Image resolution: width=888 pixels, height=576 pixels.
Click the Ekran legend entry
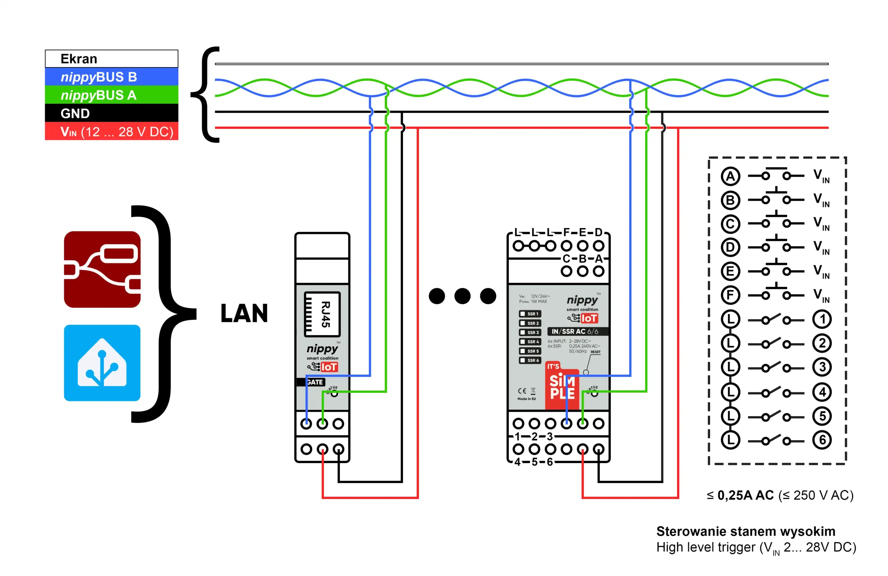click(111, 59)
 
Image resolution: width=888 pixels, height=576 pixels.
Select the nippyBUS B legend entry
click(111, 77)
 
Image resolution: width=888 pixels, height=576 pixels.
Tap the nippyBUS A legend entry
click(111, 95)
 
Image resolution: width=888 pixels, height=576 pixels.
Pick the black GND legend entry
click(111, 113)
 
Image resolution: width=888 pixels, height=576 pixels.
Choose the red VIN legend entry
click(111, 132)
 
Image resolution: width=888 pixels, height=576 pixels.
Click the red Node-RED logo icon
click(102, 269)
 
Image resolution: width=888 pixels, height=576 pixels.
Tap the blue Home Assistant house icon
click(102, 363)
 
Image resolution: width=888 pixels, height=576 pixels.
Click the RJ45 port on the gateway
click(322, 314)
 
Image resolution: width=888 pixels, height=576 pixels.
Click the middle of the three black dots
click(462, 296)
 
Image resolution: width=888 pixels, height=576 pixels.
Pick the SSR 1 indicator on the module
click(530, 314)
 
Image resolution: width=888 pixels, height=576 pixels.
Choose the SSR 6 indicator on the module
click(530, 360)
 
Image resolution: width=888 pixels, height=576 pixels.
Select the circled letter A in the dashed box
click(730, 176)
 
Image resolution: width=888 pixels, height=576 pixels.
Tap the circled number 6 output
click(822, 440)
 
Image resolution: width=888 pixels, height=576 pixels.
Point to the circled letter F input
click(730, 295)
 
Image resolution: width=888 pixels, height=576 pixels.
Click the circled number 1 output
click(822, 320)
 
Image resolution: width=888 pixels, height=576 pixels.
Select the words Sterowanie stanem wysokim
click(745, 531)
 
